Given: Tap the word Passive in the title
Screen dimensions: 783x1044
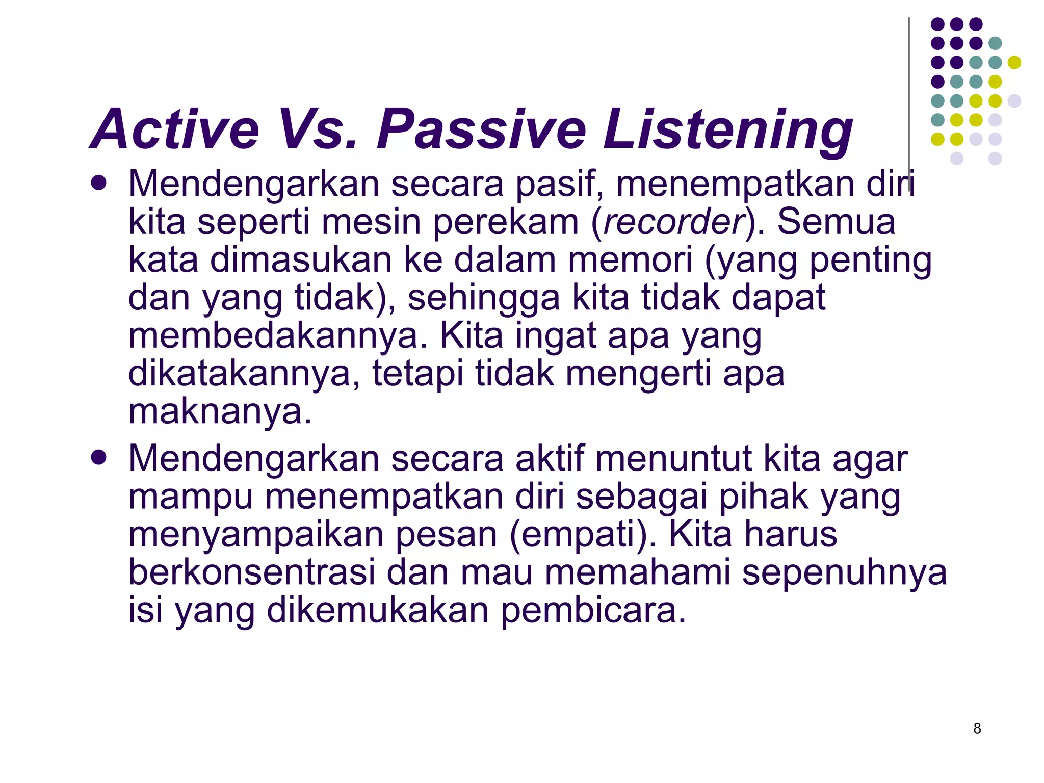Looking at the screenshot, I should point(481,129).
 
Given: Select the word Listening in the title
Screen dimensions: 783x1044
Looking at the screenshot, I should point(728,129).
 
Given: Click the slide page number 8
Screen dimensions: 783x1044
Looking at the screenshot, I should point(977,728).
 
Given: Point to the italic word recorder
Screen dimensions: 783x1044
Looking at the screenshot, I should point(674,222).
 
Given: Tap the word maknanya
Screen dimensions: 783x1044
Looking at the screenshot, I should point(219,411).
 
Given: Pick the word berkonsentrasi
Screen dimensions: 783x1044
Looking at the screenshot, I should point(251,572).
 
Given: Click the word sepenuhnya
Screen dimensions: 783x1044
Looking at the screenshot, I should point(844,572).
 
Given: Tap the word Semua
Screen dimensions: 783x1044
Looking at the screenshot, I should point(836,222).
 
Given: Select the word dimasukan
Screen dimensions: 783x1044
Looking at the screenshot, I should point(301,260).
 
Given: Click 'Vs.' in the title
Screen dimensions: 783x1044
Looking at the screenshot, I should point(319,129).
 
